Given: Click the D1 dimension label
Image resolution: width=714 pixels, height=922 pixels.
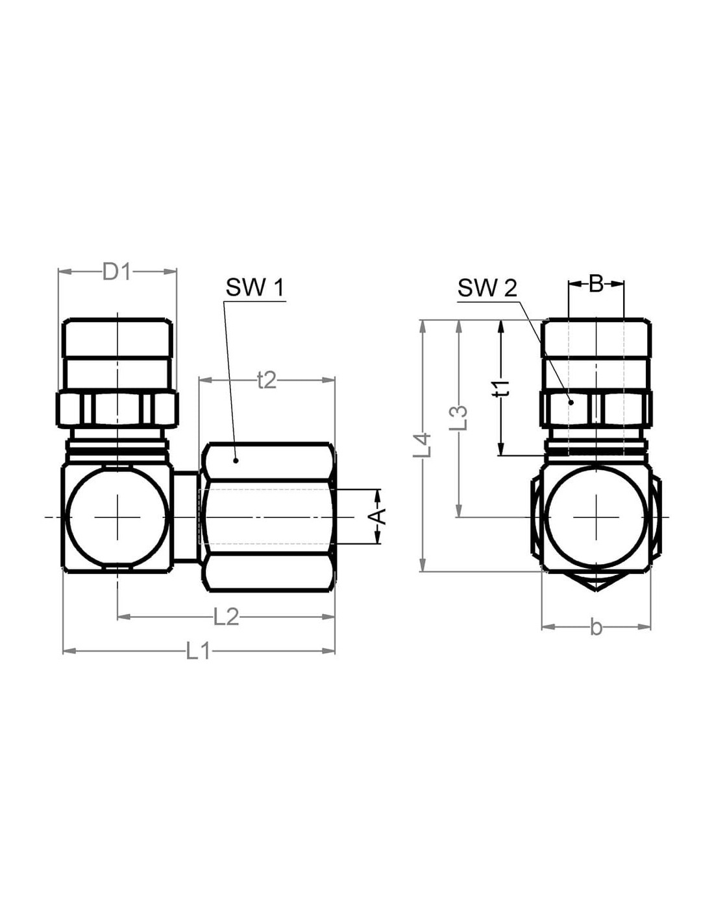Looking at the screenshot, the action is (116, 272).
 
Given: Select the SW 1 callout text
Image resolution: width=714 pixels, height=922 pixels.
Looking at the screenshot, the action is (255, 288).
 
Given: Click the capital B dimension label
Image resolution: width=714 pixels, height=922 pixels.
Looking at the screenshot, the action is (596, 285).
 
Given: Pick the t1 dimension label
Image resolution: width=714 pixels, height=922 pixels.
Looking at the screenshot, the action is (502, 388).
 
